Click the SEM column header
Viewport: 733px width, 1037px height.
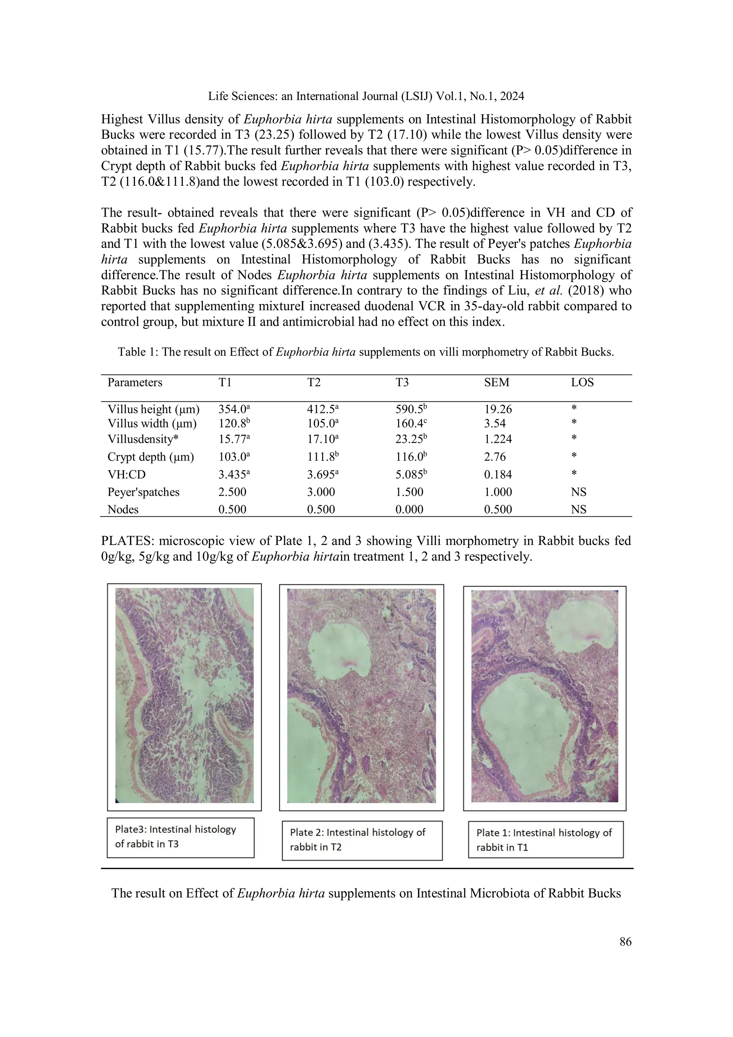click(x=496, y=382)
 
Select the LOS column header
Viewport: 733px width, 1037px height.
click(x=582, y=382)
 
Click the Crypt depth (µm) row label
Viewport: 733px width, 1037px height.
click(x=151, y=457)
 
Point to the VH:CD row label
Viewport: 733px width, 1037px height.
click(x=126, y=475)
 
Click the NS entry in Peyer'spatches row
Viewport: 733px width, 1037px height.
click(x=578, y=492)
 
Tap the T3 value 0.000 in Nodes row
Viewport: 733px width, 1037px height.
click(x=409, y=510)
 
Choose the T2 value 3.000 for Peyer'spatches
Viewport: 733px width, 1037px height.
click(x=321, y=492)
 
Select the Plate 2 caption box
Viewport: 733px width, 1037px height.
click(x=362, y=840)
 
